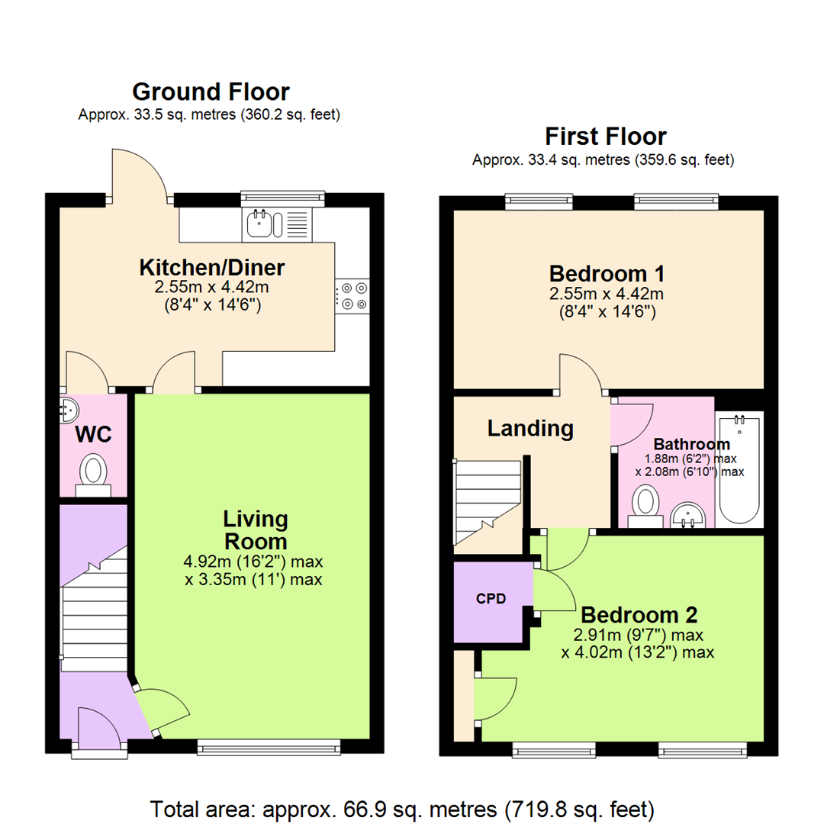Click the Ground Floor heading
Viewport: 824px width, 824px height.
click(x=211, y=92)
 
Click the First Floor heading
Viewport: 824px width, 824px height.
click(x=605, y=137)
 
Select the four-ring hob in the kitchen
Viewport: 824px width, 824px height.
click(x=352, y=296)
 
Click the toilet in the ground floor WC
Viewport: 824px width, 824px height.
click(x=95, y=472)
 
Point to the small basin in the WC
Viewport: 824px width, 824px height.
click(x=67, y=410)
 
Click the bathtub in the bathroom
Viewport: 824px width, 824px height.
click(x=739, y=469)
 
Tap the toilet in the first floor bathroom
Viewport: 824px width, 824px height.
click(x=647, y=505)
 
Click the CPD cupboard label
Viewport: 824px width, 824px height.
click(x=491, y=599)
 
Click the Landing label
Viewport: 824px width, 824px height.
click(x=530, y=429)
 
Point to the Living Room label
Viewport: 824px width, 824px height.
click(x=255, y=530)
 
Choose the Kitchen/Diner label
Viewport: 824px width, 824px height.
click(x=211, y=268)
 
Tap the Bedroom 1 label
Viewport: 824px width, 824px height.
click(x=607, y=272)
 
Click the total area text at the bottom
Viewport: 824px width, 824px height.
click(x=402, y=807)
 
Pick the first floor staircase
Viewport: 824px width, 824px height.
click(x=486, y=504)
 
